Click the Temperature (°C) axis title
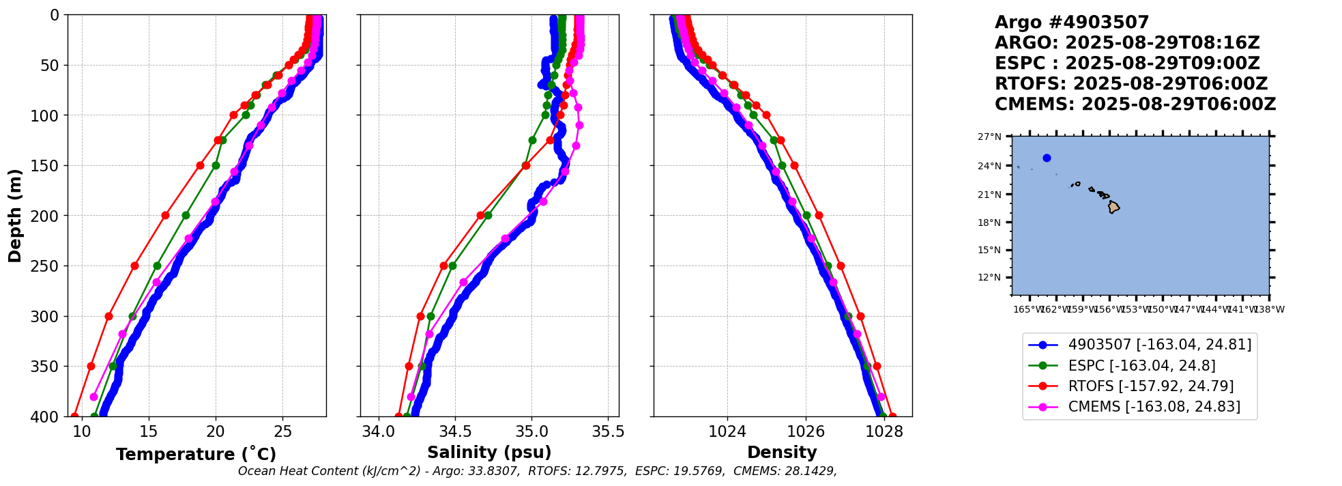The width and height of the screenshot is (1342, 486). click(x=196, y=454)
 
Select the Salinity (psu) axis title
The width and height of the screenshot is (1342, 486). click(x=489, y=453)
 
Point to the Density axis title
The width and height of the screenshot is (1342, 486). click(x=782, y=453)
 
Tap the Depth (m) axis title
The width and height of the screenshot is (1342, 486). click(x=15, y=215)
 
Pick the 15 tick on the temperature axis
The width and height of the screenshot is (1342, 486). click(x=148, y=431)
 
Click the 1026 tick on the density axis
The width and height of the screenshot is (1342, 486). click(x=806, y=431)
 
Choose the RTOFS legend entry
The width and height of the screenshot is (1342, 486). click(x=1150, y=386)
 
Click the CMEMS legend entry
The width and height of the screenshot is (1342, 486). click(x=1154, y=407)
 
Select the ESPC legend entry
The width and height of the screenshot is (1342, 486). click(x=1141, y=366)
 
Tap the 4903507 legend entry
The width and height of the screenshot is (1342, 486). click(x=1159, y=345)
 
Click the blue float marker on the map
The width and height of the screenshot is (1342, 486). click(x=1047, y=158)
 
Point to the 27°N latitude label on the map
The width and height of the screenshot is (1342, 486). click(x=989, y=137)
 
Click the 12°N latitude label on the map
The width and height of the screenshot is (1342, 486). click(x=989, y=278)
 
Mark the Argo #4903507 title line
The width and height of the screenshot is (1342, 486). click(x=1071, y=23)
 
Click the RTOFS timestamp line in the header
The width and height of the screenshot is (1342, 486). click(x=1131, y=84)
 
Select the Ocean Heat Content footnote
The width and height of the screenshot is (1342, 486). click(x=537, y=471)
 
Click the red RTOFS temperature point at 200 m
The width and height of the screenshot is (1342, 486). click(x=165, y=215)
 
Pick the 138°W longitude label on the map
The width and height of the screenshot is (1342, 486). click(x=1269, y=310)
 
